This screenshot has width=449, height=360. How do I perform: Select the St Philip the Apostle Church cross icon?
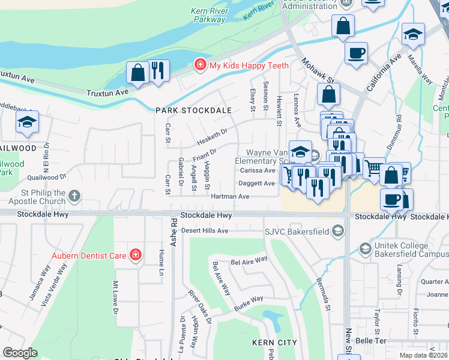(74, 196)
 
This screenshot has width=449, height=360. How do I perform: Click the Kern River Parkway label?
(208, 15)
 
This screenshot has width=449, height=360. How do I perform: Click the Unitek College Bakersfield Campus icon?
(364, 248)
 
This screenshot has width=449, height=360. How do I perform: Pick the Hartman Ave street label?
(229, 197)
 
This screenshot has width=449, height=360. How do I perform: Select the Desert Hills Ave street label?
(205, 230)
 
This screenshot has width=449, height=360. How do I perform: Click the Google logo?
(20, 353)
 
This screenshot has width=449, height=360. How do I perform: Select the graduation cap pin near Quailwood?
(27, 122)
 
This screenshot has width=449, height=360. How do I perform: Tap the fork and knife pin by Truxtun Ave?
(158, 71)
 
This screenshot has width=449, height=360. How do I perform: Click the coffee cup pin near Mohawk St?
(356, 53)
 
